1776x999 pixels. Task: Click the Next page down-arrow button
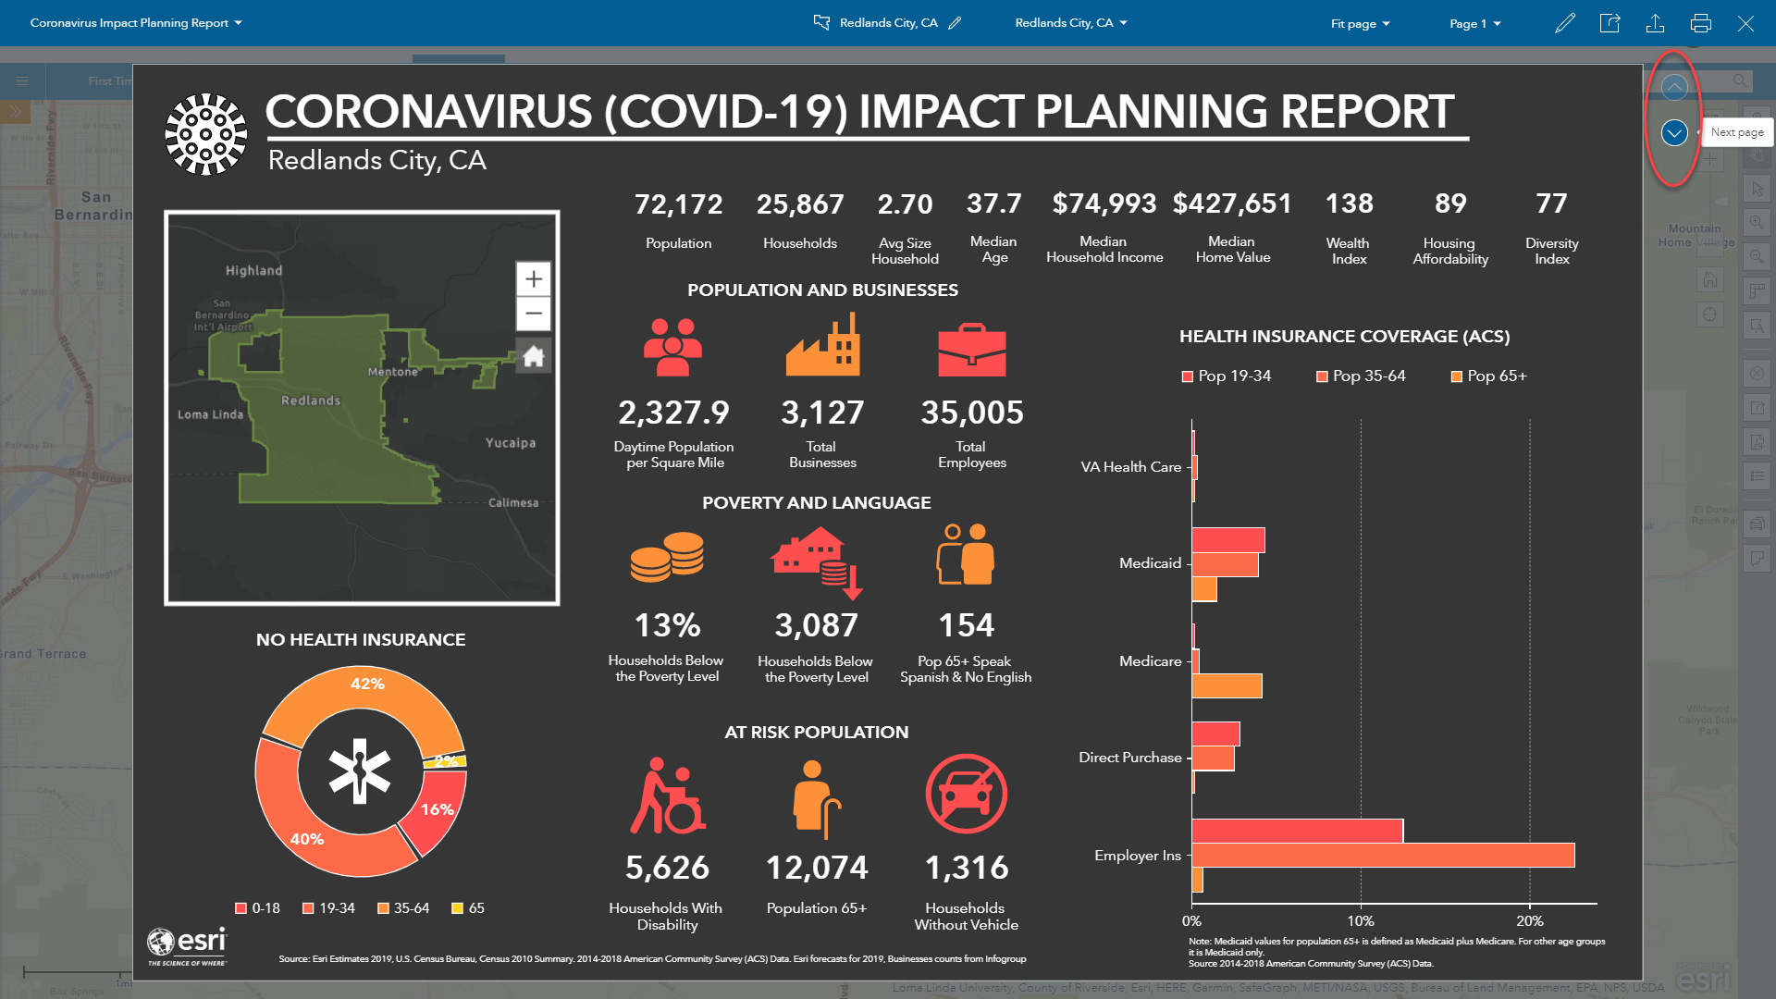[x=1674, y=133]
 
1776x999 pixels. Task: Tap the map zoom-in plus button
[x=534, y=279]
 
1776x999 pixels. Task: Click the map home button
[x=534, y=356]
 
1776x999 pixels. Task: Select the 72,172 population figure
[x=678, y=204]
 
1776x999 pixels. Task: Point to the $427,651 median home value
[x=1232, y=203]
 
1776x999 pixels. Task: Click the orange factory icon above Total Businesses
[x=822, y=345]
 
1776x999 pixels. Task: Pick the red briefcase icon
[x=971, y=350]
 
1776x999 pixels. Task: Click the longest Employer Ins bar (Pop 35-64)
[x=1383, y=856]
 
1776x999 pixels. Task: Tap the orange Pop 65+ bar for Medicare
[x=1227, y=686]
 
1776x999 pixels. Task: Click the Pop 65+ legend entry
[x=1489, y=376]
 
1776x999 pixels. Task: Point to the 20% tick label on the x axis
[x=1529, y=921]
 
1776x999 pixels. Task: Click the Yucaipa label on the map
[x=511, y=443]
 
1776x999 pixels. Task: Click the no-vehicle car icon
[x=966, y=794]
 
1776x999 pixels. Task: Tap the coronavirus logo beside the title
[x=206, y=134]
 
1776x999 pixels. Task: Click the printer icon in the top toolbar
[x=1700, y=23]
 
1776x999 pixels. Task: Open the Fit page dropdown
[x=1360, y=24]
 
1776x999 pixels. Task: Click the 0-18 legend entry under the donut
[x=258, y=908]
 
